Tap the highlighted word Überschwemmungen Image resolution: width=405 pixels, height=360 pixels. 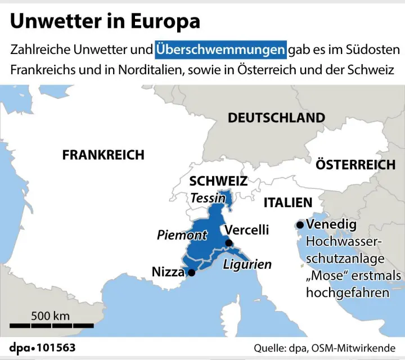(x=220, y=50)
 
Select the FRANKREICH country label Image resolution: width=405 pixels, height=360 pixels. (x=103, y=155)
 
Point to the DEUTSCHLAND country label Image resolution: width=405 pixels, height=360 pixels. (x=276, y=118)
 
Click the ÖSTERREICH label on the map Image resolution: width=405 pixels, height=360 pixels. (x=355, y=165)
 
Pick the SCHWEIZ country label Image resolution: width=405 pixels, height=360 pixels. (x=218, y=181)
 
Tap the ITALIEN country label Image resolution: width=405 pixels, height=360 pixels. (x=287, y=202)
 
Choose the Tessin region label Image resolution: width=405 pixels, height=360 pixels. (x=208, y=198)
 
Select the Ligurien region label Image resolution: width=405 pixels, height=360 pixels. (x=247, y=264)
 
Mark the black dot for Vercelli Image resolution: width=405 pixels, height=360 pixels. (x=229, y=243)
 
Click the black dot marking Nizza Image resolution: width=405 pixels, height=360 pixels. (x=192, y=273)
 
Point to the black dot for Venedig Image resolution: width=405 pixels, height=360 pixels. (x=300, y=225)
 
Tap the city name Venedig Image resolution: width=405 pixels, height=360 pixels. (x=331, y=225)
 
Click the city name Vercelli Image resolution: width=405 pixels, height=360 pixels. (x=246, y=229)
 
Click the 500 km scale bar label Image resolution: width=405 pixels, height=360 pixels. (x=51, y=316)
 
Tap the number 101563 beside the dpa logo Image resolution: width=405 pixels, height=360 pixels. (x=56, y=348)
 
